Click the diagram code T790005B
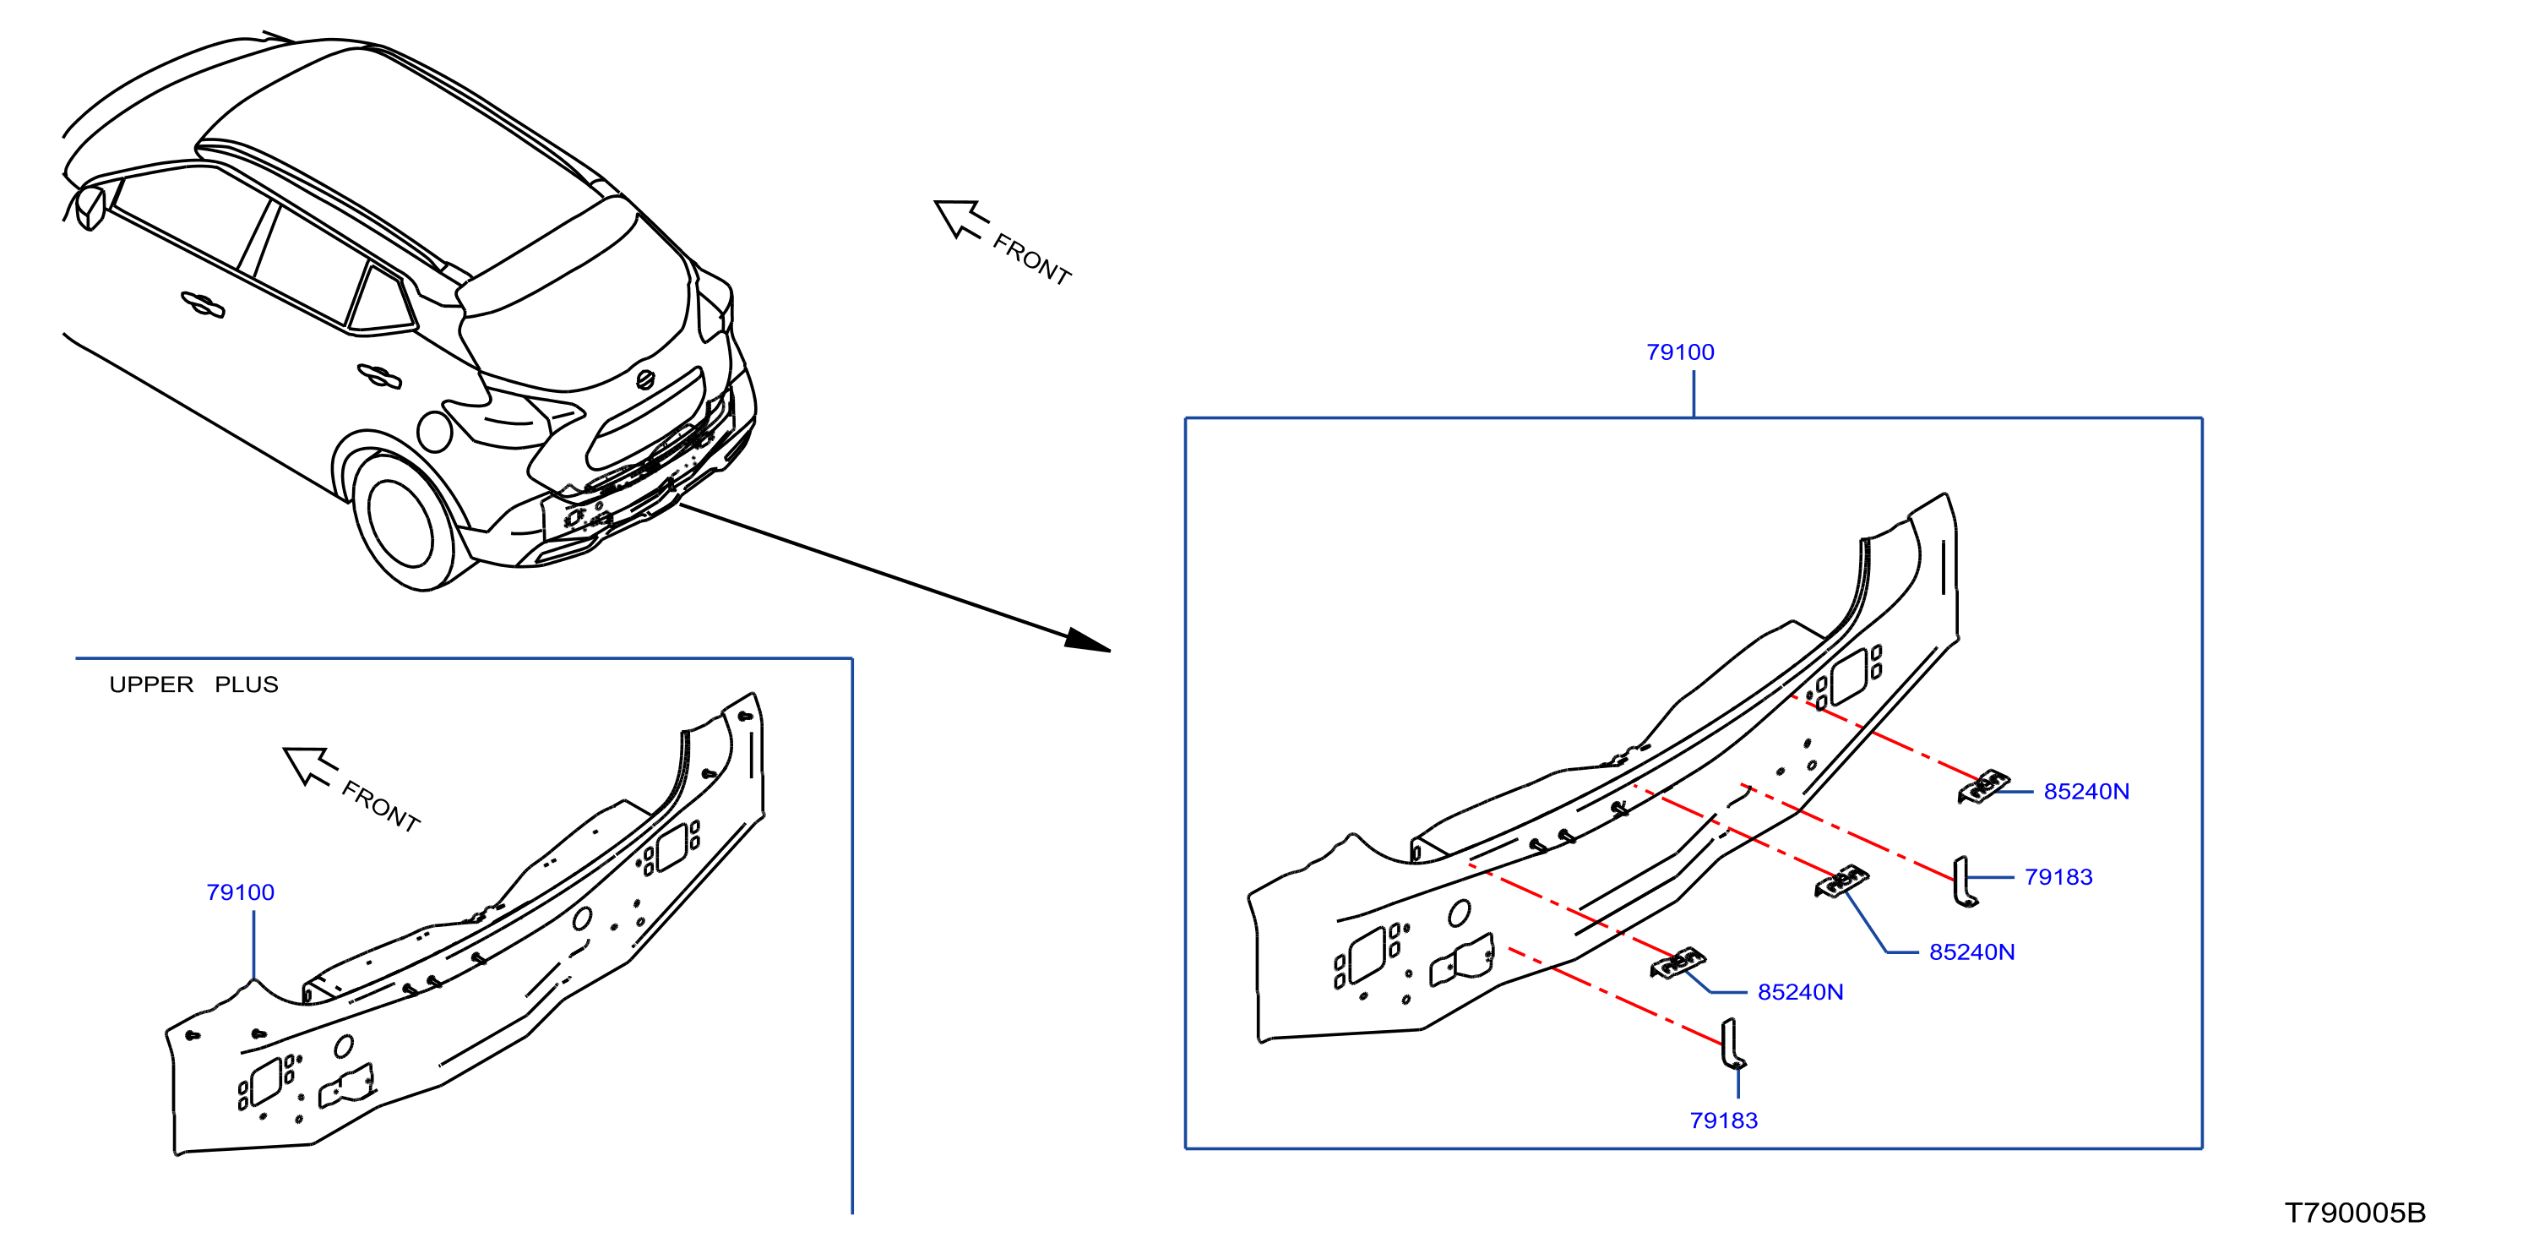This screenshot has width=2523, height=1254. tap(2355, 1213)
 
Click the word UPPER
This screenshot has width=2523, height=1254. tap(151, 684)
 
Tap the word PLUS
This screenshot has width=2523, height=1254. tap(247, 684)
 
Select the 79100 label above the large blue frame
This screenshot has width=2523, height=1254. tap(1680, 352)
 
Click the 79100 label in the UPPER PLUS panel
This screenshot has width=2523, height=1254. tap(240, 892)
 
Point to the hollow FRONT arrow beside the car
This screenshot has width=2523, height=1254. tap(959, 219)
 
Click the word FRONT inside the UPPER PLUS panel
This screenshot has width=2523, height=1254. tap(381, 807)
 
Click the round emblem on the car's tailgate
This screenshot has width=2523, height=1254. tap(644, 379)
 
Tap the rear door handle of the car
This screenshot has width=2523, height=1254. tap(379, 375)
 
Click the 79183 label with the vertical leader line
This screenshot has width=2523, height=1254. tap(1724, 1120)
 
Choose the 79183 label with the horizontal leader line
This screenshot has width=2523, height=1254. tap(2058, 878)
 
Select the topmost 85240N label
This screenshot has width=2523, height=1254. tap(2086, 792)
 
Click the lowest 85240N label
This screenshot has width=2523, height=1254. tap(1800, 992)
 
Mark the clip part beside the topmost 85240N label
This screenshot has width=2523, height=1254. tap(1983, 787)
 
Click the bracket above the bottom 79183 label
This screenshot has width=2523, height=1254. tap(1732, 1044)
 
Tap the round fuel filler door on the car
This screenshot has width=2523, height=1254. tap(434, 431)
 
